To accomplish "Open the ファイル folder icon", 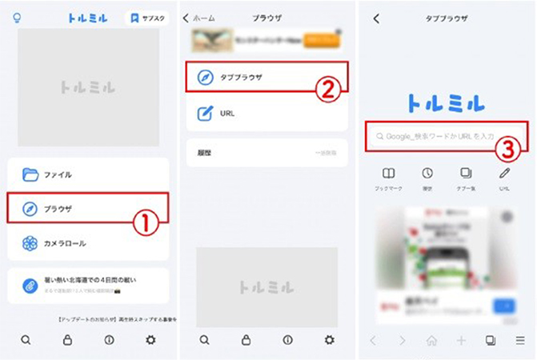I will (x=30, y=174).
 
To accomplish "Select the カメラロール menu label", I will (x=66, y=243).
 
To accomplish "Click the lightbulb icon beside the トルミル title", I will (x=18, y=17).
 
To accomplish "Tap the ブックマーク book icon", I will (x=388, y=174).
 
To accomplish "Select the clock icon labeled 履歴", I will (x=427, y=174).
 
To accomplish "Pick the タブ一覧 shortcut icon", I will (x=466, y=174).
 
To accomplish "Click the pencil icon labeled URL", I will (x=504, y=174).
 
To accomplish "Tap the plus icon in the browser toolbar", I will (x=461, y=341).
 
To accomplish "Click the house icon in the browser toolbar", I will (x=432, y=341).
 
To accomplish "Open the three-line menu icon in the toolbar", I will (x=520, y=341).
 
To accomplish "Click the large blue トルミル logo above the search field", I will (x=446, y=102).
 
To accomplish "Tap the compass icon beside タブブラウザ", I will (x=205, y=77).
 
